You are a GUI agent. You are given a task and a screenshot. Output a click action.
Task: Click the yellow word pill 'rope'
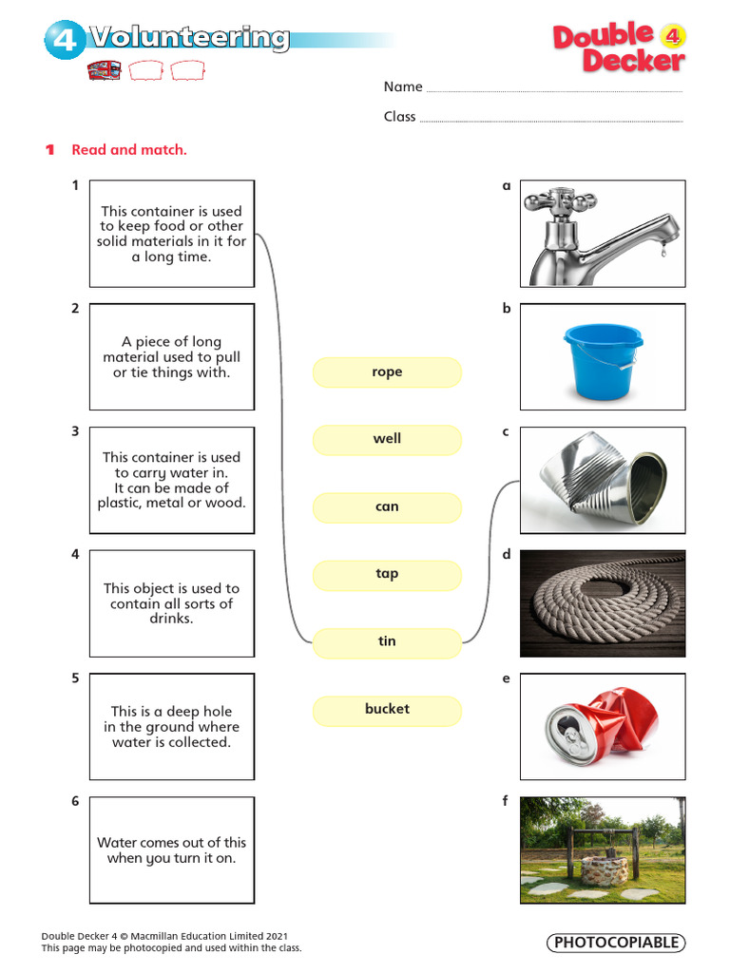point(387,372)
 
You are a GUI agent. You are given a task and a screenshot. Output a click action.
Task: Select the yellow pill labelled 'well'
point(387,439)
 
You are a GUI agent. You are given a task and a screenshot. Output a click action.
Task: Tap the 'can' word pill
point(387,507)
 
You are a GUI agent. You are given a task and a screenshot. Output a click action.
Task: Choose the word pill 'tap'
point(387,575)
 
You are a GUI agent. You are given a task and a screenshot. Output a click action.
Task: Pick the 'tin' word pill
point(387,642)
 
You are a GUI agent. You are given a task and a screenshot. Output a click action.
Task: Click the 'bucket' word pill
point(387,710)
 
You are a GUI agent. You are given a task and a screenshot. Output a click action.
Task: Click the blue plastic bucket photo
point(603,360)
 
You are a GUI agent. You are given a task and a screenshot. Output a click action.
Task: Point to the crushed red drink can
point(601,725)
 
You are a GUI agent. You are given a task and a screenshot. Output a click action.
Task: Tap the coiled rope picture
point(603,603)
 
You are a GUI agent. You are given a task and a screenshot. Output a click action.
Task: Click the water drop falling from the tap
point(663,251)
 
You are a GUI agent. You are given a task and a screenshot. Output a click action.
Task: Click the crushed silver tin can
point(602,479)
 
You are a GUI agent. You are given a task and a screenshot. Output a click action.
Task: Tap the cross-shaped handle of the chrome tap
point(561,201)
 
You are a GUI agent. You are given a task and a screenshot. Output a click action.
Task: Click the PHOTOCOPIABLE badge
point(616,943)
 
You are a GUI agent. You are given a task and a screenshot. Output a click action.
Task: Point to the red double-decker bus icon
point(105,70)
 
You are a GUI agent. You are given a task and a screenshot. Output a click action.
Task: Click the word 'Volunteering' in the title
point(189,38)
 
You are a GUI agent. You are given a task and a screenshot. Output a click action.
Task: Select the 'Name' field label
point(403,86)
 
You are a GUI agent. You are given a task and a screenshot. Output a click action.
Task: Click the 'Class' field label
point(400,117)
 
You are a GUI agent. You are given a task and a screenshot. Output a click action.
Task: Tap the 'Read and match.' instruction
point(129,149)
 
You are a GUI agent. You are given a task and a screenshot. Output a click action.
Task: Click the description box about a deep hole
point(172,727)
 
